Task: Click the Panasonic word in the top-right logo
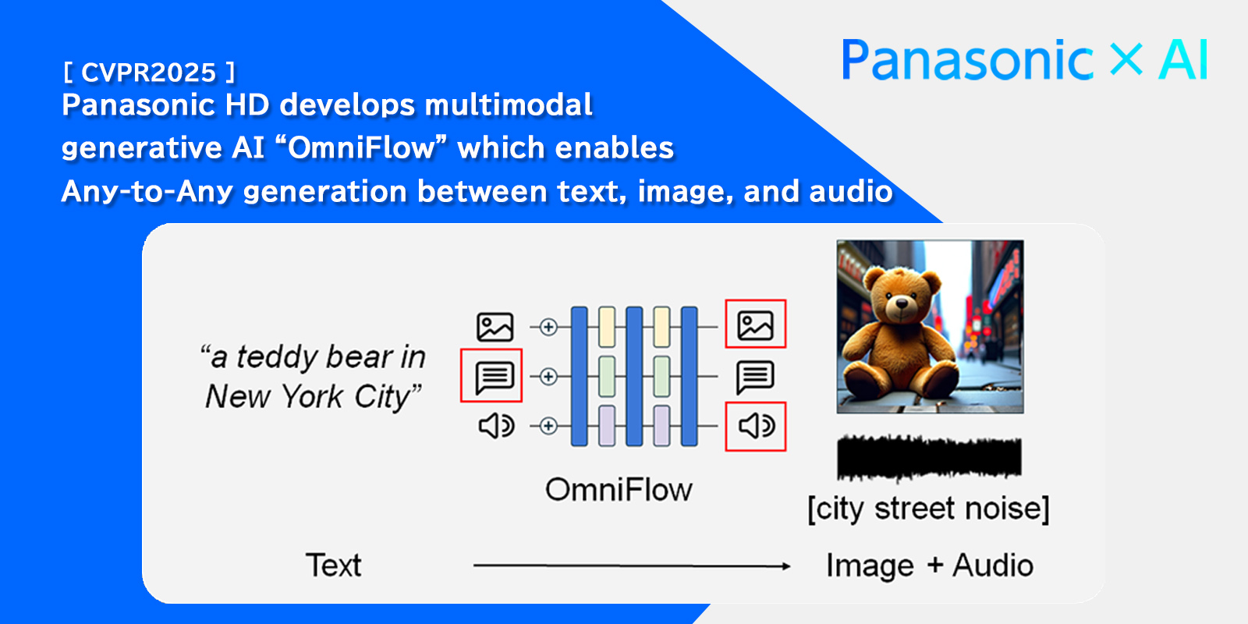point(967,61)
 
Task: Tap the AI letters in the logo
point(1183,61)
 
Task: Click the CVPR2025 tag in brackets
point(148,73)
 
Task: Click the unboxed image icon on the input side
point(495,327)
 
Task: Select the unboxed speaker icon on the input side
point(496,426)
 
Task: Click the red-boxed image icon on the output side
point(755,324)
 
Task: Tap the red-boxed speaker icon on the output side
point(756,426)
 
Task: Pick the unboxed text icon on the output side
point(755,377)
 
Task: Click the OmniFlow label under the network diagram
point(619,490)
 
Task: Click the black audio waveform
point(928,457)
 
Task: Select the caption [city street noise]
point(928,509)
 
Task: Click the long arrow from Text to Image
point(632,566)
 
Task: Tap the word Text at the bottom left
point(333,565)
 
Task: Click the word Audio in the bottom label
point(993,565)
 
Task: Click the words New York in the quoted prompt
point(274,397)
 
